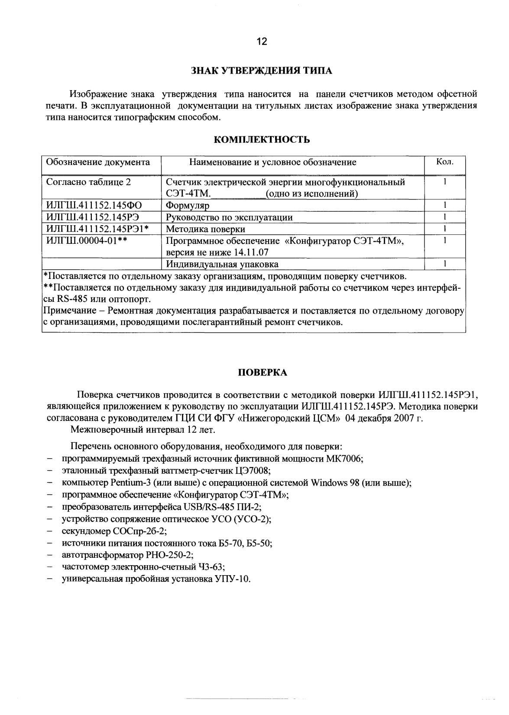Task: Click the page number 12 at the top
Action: (x=262, y=42)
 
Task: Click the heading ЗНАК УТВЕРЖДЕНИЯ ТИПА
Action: (x=262, y=71)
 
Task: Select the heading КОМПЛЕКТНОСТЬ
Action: (x=262, y=139)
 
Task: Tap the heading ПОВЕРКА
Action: (x=262, y=372)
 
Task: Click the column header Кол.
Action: (x=445, y=162)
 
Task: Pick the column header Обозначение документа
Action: (x=98, y=162)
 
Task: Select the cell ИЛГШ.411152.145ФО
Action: (x=94, y=205)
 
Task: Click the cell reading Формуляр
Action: (x=188, y=206)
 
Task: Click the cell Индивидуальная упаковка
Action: (x=222, y=264)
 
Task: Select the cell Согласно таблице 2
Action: (x=88, y=182)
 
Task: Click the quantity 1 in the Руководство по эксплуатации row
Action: (x=445, y=217)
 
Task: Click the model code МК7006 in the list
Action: (x=347, y=459)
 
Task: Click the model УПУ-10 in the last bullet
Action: (x=232, y=579)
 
